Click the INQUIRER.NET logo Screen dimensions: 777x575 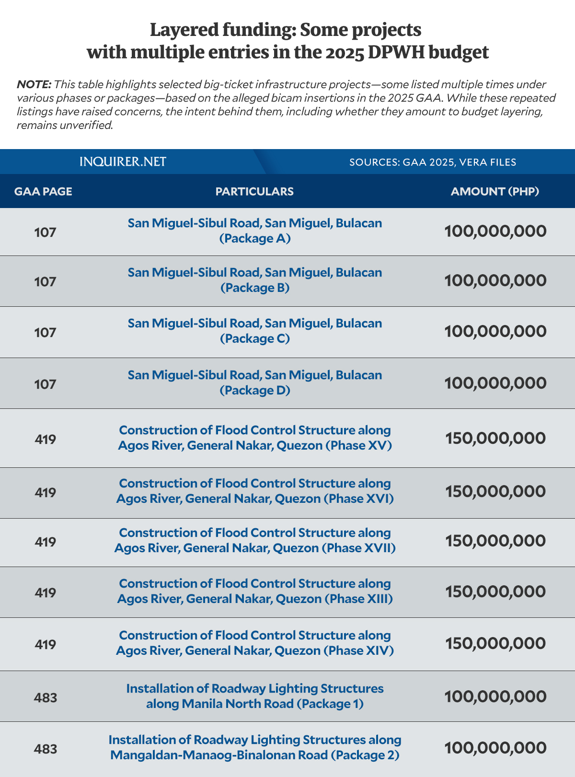pyautogui.click(x=123, y=162)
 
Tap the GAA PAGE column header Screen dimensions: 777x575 pyautogui.click(x=43, y=191)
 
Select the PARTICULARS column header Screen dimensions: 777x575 pyautogui.click(x=254, y=191)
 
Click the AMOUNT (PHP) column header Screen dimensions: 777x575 pyautogui.click(x=494, y=191)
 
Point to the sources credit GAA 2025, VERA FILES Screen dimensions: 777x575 pyautogui.click(x=433, y=162)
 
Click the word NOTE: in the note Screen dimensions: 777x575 pyautogui.click(x=34, y=85)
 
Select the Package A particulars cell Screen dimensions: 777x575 pyautogui.click(x=255, y=231)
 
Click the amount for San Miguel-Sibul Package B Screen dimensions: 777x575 pyautogui.click(x=495, y=280)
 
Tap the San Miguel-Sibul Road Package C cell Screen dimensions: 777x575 pyautogui.click(x=255, y=331)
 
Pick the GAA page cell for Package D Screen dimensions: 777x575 pyautogui.click(x=46, y=384)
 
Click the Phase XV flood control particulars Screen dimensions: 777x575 pyautogui.click(x=255, y=438)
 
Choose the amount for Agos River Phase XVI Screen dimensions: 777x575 pyautogui.click(x=495, y=491)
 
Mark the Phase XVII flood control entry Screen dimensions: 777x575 pyautogui.click(x=255, y=540)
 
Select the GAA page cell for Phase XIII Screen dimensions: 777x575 pyautogui.click(x=46, y=593)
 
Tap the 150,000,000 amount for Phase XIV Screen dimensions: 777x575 pyautogui.click(x=495, y=643)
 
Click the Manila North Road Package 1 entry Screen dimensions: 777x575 pyautogui.click(x=255, y=696)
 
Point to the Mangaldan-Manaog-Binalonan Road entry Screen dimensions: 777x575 pyautogui.click(x=255, y=747)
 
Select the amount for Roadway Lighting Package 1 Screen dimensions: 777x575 pyautogui.click(x=495, y=696)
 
